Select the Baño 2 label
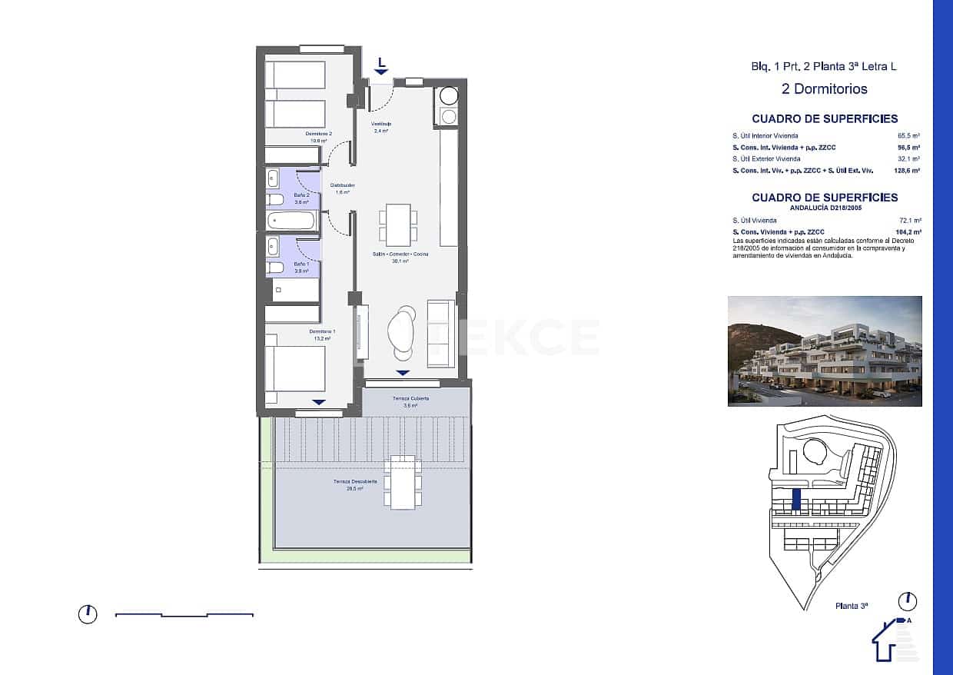pos(301,195)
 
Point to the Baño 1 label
pos(301,264)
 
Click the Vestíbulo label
pos(381,124)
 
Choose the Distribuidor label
pos(342,185)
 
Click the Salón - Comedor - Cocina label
pos(400,254)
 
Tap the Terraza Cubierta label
pos(410,399)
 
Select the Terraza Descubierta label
pos(354,482)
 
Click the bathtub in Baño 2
pos(291,221)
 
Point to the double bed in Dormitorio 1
pos(295,368)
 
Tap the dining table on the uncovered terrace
pos(403,482)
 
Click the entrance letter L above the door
pos(381,62)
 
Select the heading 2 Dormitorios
pos(824,89)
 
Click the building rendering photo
pos(825,351)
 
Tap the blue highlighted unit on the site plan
pos(796,500)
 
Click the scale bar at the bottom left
pos(184,614)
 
